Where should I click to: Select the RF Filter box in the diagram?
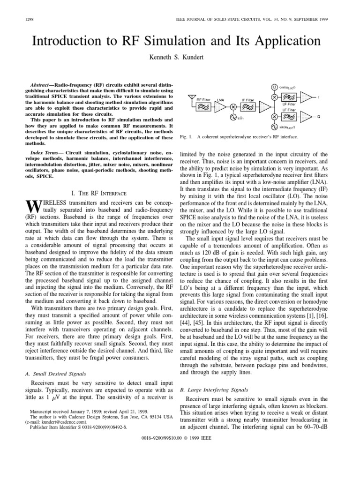[203, 107]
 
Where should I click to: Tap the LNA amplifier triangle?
[221, 107]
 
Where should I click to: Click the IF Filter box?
[248, 107]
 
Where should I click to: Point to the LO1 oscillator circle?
[233, 117]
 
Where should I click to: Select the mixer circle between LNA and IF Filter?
[233, 107]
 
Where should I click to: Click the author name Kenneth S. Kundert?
[180, 57]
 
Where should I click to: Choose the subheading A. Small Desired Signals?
[52, 374]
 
